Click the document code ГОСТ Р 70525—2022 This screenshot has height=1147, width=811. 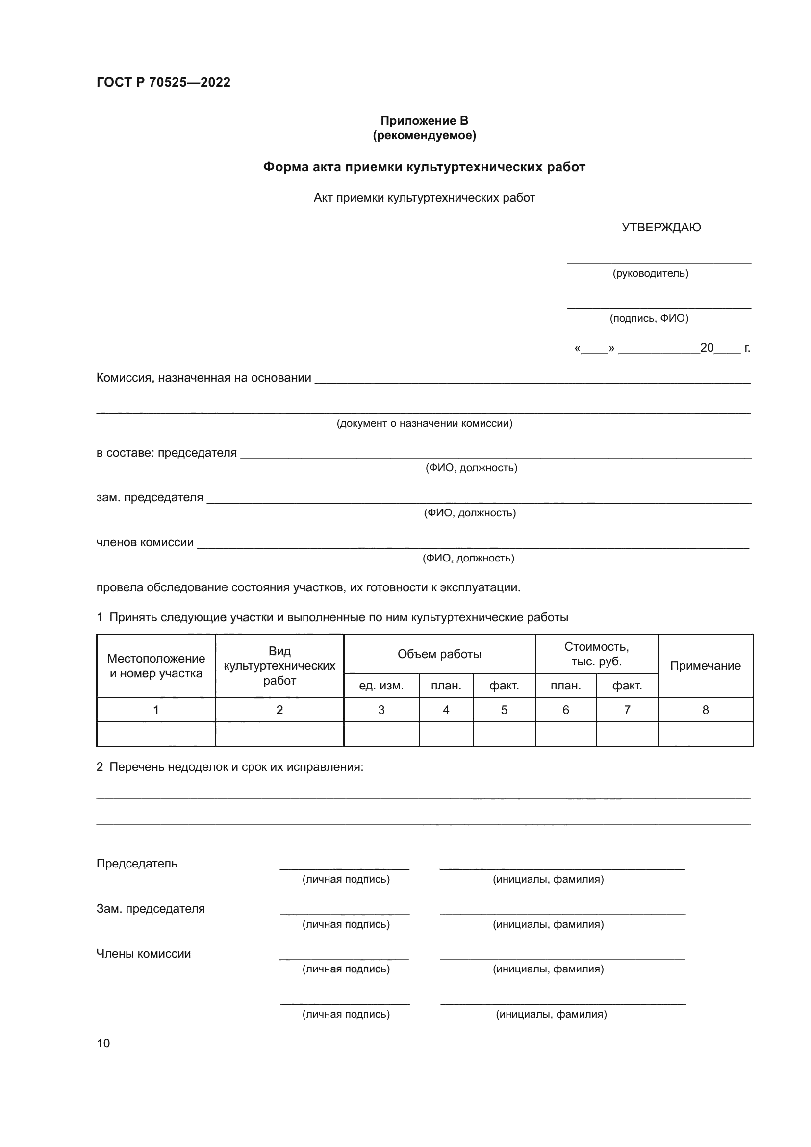[x=163, y=82]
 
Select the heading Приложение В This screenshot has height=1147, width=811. [x=424, y=121]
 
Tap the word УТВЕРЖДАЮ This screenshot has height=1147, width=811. [x=661, y=228]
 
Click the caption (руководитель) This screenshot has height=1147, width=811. [x=650, y=273]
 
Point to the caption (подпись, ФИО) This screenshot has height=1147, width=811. [x=649, y=318]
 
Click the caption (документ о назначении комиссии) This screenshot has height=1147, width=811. [x=425, y=423]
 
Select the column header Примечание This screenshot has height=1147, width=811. [x=705, y=665]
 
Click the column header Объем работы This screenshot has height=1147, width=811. [x=439, y=654]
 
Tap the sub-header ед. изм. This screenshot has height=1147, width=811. [x=381, y=686]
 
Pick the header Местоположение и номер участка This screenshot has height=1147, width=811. [x=156, y=665]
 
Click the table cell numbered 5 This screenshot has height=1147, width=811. [x=504, y=710]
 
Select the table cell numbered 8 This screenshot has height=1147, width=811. [x=705, y=710]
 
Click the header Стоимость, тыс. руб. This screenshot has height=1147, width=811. [x=596, y=654]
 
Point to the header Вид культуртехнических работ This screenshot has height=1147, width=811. [x=279, y=665]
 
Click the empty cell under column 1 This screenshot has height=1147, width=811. [x=156, y=734]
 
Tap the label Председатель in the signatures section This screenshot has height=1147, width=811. [x=137, y=863]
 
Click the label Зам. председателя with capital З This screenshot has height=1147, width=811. [x=151, y=908]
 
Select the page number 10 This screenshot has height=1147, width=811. [x=103, y=1043]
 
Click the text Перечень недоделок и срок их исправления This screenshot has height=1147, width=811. [x=236, y=766]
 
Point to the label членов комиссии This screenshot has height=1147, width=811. [x=145, y=542]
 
